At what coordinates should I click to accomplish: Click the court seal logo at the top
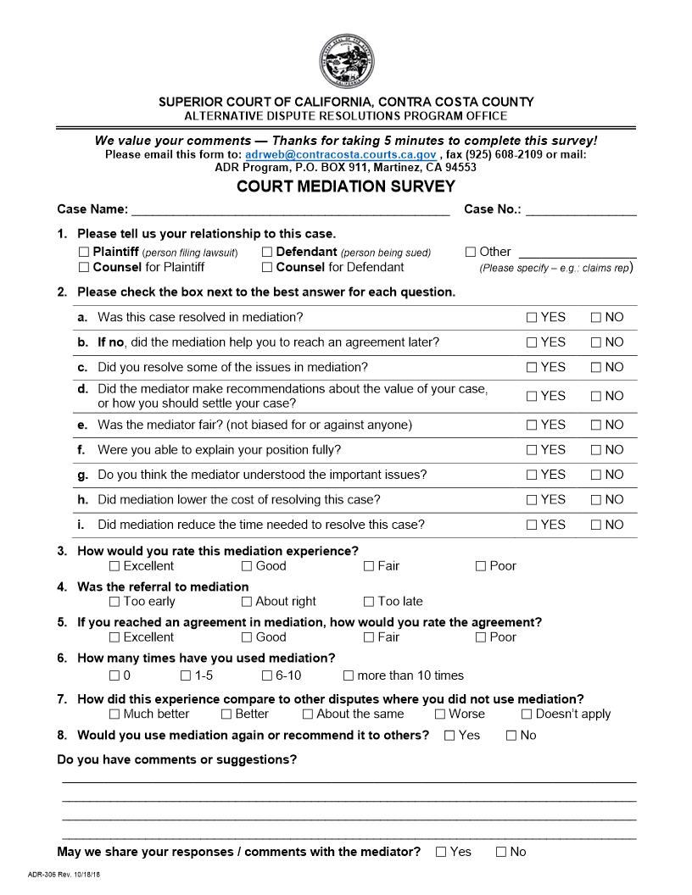coord(346,61)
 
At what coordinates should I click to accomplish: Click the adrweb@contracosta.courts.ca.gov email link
coord(340,155)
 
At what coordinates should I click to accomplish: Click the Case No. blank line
coord(581,210)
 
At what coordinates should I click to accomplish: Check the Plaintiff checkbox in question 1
coord(84,252)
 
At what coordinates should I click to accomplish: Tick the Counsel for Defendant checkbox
coord(267,268)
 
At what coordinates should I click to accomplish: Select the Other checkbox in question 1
coord(471,252)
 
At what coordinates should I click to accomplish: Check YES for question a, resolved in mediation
coord(532,318)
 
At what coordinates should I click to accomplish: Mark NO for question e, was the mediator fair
coord(596,425)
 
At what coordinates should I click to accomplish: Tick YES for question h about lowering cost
coord(532,500)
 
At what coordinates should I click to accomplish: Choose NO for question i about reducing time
coord(596,525)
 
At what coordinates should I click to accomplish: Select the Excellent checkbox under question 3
coord(114,566)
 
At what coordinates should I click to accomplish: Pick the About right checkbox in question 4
coord(247,602)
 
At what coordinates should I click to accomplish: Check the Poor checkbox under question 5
coord(481,637)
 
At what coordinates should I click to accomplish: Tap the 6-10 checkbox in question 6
coord(267,676)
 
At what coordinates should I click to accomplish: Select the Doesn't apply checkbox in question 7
coord(527,714)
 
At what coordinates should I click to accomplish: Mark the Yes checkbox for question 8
coord(449,736)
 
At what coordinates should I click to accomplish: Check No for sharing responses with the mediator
coord(501,852)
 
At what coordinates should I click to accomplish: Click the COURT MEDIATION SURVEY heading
coord(346,186)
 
